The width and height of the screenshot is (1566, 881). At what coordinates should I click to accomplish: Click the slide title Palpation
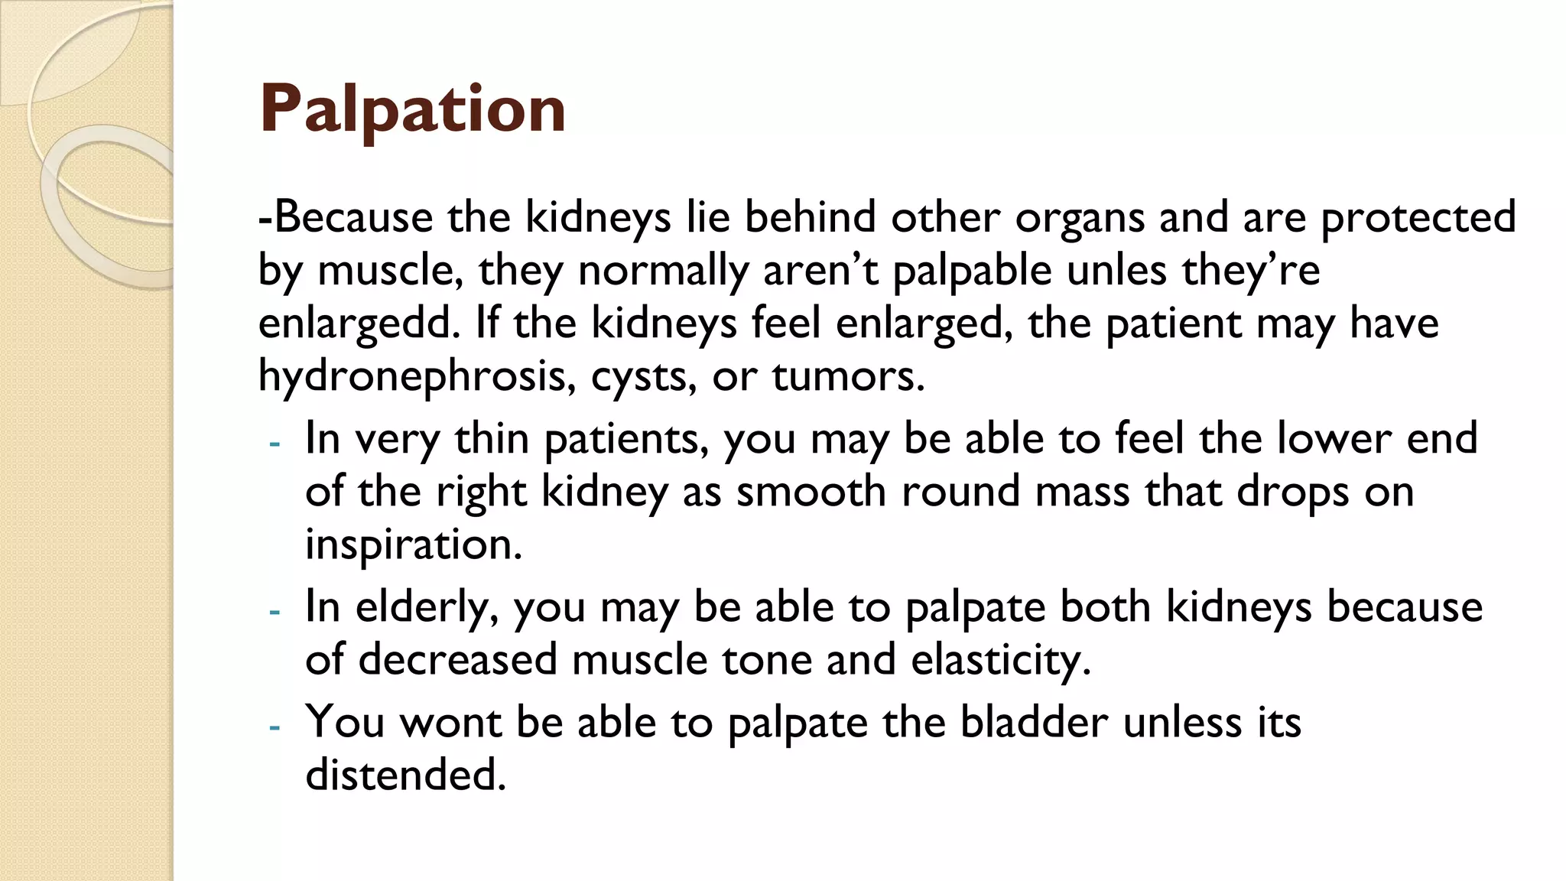[x=412, y=109]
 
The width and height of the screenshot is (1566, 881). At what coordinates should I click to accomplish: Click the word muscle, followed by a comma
[x=390, y=270]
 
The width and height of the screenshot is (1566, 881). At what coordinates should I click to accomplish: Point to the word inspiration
[x=414, y=545]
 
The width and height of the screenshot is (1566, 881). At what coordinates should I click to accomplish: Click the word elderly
[x=427, y=606]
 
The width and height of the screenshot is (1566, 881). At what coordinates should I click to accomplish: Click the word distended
[x=406, y=775]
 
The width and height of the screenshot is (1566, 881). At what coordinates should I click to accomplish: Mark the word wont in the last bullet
[x=451, y=722]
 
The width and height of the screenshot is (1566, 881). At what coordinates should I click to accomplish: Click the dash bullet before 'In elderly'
[x=275, y=611]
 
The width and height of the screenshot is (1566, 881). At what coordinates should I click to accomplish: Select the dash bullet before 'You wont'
[x=275, y=727]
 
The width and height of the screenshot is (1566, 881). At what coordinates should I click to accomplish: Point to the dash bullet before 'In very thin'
[x=275, y=444]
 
